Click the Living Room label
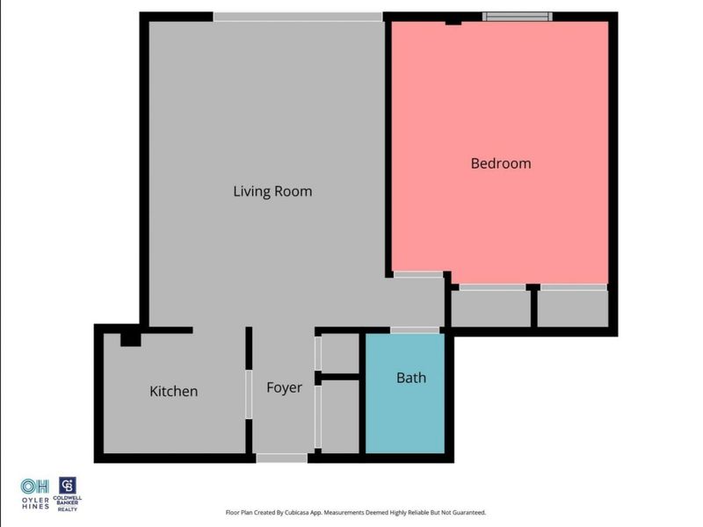coord(272,191)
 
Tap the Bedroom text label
coord(501,163)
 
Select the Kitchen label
coord(174,392)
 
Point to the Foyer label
coord(284,387)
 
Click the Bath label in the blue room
coord(411,378)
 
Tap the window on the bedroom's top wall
coord(518,16)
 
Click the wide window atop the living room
coord(298,17)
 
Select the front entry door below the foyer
coord(282,458)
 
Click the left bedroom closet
coord(490,308)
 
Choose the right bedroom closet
coord(572,308)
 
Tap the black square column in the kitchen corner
coord(131,337)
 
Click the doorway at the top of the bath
coord(415,330)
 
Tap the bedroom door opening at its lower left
coord(418,275)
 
